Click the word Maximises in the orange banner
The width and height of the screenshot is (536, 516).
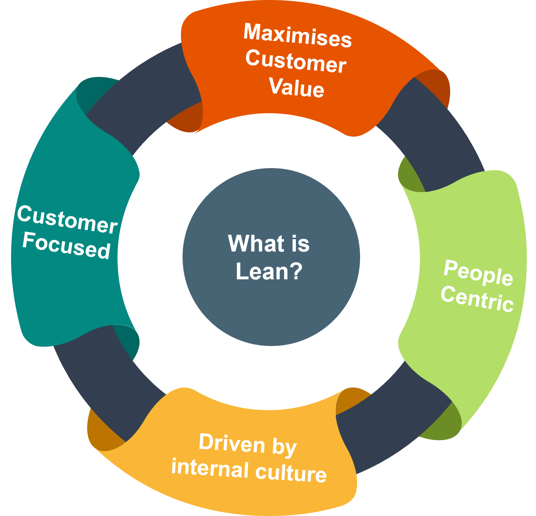point(297,35)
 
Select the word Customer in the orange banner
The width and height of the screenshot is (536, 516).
point(296,61)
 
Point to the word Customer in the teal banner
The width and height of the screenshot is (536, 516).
point(67,219)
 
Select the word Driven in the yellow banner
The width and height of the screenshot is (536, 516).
point(232,443)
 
